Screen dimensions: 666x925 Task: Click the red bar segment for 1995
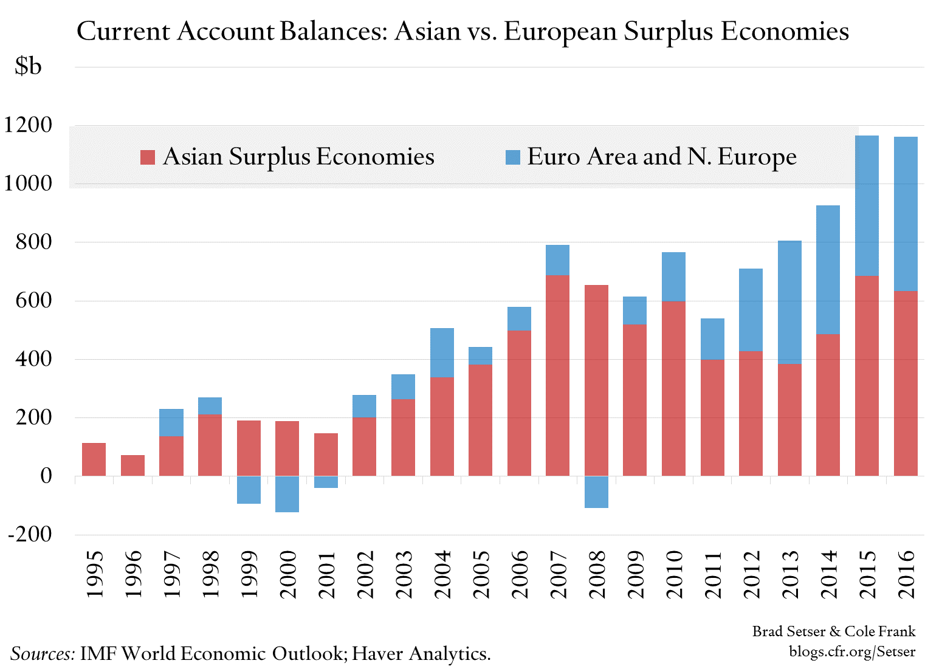coord(94,459)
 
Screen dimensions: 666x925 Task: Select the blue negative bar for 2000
coord(287,494)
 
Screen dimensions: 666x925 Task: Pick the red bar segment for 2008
coord(596,380)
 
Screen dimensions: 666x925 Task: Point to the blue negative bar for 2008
coord(596,492)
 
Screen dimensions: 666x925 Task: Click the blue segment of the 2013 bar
coord(789,302)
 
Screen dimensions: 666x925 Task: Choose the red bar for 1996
coord(132,465)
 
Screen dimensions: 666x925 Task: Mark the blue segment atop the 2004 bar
coord(442,352)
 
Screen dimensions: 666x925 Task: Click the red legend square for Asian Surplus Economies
coord(148,157)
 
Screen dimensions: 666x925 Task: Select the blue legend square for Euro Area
coord(513,157)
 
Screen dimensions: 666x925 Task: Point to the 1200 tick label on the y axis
coord(28,125)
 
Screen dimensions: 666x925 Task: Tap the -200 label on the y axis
coord(30,534)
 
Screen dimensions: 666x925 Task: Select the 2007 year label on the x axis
coord(558,574)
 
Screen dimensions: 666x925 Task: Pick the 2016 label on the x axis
coord(906,574)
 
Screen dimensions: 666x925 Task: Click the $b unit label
coord(28,66)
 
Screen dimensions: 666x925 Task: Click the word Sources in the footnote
coord(43,654)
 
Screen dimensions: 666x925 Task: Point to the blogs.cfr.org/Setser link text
coord(852,651)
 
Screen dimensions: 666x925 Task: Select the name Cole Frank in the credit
coord(880,631)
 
